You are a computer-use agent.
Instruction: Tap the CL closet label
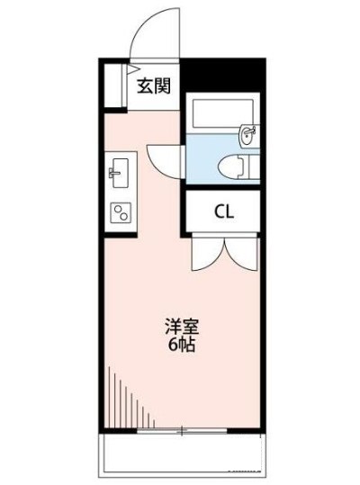(224, 212)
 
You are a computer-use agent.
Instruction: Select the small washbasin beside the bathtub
(247, 135)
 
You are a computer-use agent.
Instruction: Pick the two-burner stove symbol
(118, 212)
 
